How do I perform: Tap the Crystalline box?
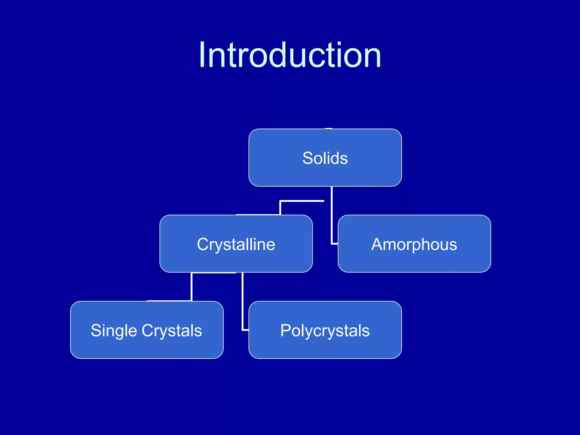click(x=236, y=261)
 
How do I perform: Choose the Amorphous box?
click(x=414, y=261)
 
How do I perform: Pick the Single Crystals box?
click(x=146, y=347)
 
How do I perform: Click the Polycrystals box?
click(x=325, y=347)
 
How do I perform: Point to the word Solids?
click(x=325, y=158)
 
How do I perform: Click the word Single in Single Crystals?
click(x=114, y=330)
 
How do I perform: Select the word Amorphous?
click(x=414, y=244)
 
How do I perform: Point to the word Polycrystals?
click(x=325, y=330)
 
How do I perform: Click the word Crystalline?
click(x=236, y=244)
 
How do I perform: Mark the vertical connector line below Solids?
click(x=332, y=215)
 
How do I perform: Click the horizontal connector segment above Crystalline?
click(x=302, y=201)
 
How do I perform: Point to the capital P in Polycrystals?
click(x=286, y=330)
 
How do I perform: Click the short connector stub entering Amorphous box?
click(x=335, y=244)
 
